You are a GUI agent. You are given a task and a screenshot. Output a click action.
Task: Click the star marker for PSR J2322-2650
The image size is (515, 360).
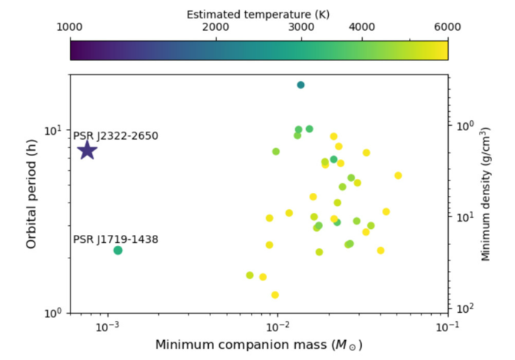pos(87,150)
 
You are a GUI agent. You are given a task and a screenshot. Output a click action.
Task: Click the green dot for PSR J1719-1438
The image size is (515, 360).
pos(118,250)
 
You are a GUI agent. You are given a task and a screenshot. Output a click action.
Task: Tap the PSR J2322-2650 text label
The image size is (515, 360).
pos(115,136)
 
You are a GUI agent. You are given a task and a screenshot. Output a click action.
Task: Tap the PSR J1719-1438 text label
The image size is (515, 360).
pos(115,239)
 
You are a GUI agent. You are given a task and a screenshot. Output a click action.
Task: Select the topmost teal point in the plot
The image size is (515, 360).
pos(301,85)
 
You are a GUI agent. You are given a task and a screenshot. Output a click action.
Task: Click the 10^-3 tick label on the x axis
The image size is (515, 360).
pos(108,325)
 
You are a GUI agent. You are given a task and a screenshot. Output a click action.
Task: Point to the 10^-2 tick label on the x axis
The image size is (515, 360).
pos(278,325)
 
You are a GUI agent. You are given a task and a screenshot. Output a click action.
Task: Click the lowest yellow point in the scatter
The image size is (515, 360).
pos(275,294)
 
